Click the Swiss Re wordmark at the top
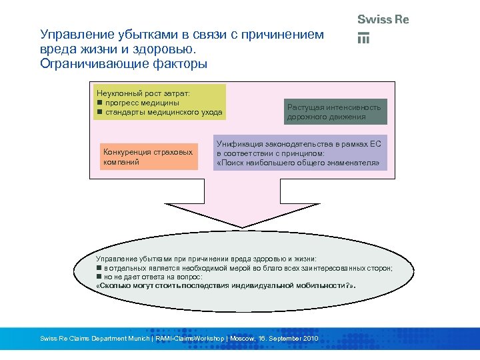point(383,19)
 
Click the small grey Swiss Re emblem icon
point(363,38)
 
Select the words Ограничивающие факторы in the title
point(123,64)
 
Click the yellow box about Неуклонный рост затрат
point(159,101)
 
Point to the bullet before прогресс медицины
point(99,102)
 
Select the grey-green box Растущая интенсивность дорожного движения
point(334,111)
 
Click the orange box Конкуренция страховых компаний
point(147,157)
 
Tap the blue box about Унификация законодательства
point(300,153)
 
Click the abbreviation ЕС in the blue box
point(375,144)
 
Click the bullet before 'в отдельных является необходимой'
point(99,267)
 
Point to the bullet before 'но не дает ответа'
point(99,276)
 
